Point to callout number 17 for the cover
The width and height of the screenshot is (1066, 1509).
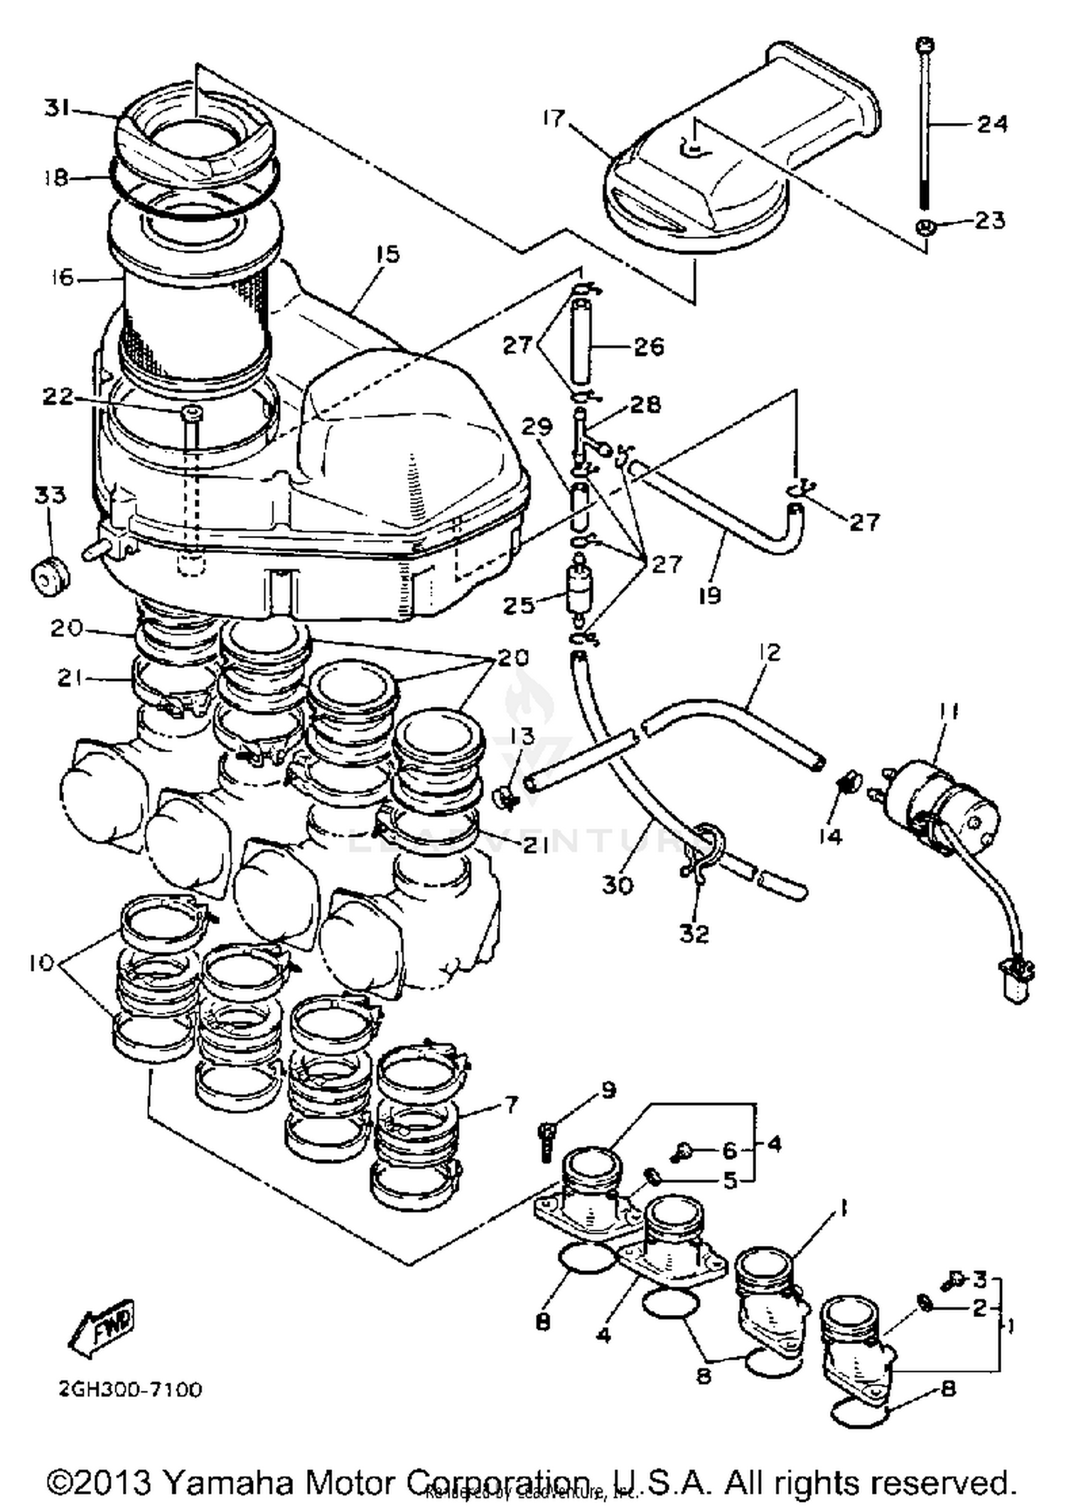tap(554, 118)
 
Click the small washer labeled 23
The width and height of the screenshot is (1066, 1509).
tap(925, 227)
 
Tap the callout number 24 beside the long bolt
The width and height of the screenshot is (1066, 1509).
tap(991, 124)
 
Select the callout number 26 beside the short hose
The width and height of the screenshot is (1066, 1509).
tap(648, 347)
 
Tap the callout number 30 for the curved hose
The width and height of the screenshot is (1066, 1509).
tap(617, 886)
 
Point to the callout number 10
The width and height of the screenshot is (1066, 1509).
tap(41, 963)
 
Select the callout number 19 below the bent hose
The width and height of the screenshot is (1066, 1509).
tap(709, 594)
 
